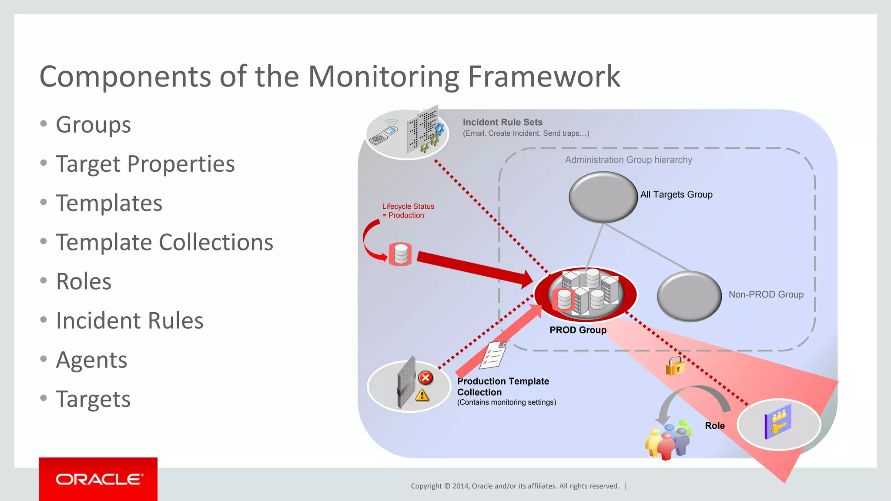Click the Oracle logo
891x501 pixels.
98,479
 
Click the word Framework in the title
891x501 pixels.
544,77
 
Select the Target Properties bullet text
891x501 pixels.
145,164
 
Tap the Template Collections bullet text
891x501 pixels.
164,243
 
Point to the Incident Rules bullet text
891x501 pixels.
130,321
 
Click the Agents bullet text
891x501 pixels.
91,360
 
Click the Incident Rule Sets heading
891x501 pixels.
502,122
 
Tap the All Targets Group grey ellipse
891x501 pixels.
603,197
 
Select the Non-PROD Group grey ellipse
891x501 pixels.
689,296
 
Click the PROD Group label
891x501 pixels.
578,330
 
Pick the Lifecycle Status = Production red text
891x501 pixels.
408,211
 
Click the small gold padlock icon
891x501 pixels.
675,366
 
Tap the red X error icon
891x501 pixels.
425,377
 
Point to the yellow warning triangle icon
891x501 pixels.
422,395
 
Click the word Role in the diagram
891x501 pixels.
715,426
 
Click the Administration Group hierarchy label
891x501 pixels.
628,160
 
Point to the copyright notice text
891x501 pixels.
515,486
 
